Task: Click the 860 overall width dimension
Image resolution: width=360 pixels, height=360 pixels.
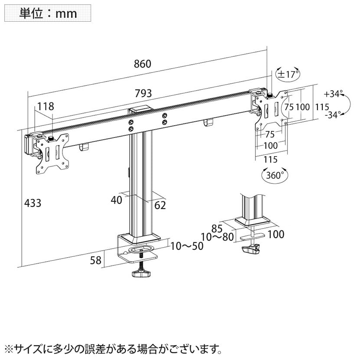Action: (x=142, y=64)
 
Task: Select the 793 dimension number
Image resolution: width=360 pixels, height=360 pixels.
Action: (x=143, y=93)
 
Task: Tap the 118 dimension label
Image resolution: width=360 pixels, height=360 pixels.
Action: (x=45, y=106)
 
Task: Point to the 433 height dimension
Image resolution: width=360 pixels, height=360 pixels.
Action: (x=33, y=202)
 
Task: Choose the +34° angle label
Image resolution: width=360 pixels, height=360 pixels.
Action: (x=333, y=94)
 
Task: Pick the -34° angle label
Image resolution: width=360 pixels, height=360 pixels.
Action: (x=333, y=115)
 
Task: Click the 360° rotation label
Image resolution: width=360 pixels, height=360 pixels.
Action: (x=275, y=175)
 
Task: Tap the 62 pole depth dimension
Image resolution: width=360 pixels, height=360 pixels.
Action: (x=160, y=205)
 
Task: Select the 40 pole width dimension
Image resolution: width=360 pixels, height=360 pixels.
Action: (x=116, y=200)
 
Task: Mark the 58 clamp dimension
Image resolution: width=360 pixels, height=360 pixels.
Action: (x=96, y=260)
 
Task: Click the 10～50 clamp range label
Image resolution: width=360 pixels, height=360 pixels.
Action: (x=187, y=246)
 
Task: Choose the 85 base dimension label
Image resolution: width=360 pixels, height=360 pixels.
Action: (x=217, y=227)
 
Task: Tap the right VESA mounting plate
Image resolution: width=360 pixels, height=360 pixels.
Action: (x=272, y=109)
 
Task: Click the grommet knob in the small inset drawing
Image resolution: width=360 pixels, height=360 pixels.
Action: (x=251, y=250)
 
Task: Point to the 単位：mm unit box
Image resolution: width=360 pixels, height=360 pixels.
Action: (x=48, y=13)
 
